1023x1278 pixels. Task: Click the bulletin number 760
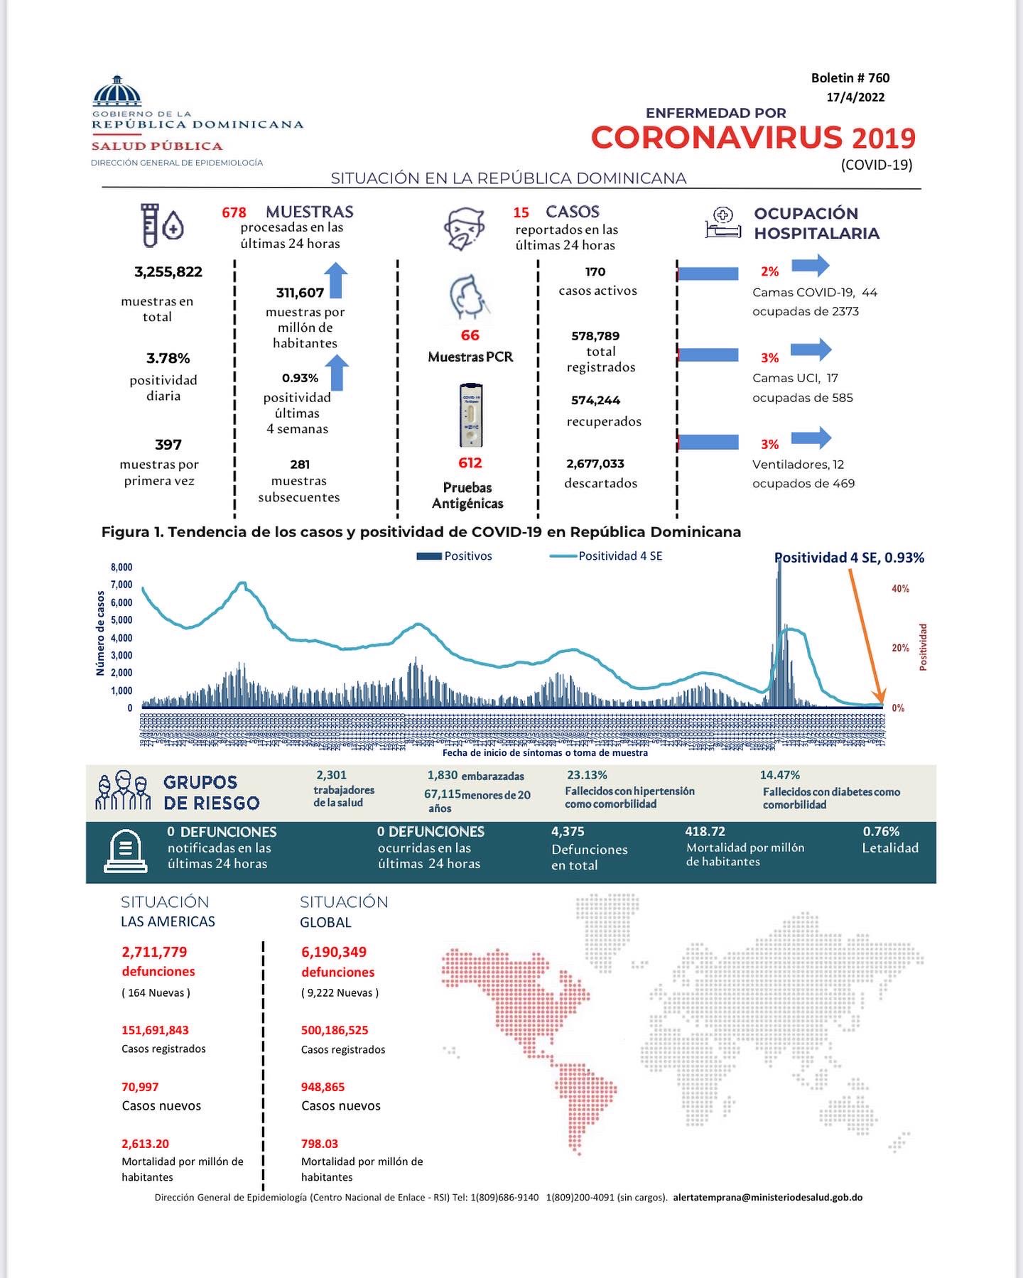[x=878, y=78]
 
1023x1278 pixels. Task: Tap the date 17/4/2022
[x=855, y=97]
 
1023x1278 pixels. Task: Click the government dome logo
[x=117, y=90]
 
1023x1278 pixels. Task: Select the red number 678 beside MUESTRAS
[x=234, y=212]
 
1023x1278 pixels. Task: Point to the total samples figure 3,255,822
[x=168, y=272]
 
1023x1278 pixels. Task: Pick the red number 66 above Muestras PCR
[x=470, y=335]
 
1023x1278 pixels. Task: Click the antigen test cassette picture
[x=470, y=416]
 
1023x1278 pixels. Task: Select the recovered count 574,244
[x=595, y=401]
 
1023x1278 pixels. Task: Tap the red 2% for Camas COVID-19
[x=769, y=271]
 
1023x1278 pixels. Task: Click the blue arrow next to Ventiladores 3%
[x=811, y=438]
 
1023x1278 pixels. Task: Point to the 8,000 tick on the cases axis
[x=121, y=568]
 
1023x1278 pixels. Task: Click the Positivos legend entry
[x=455, y=556]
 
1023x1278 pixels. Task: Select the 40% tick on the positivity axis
[x=900, y=589]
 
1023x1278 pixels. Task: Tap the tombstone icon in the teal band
[x=125, y=852]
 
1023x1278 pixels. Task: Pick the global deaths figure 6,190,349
[x=334, y=952]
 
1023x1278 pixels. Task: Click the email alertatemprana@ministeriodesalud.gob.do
[x=767, y=1197]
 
